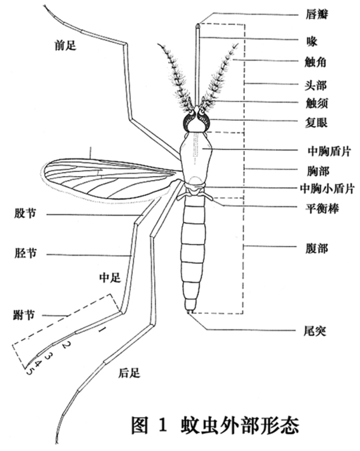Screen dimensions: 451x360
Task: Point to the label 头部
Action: tap(316, 85)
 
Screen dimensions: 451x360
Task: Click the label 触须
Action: tap(316, 103)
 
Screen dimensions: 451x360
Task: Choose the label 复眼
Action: tap(316, 123)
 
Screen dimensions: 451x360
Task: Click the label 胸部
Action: tap(316, 171)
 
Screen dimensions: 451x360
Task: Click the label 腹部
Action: tap(316, 248)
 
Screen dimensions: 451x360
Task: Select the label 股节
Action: tap(25, 214)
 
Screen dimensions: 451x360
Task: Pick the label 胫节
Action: tap(25, 253)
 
